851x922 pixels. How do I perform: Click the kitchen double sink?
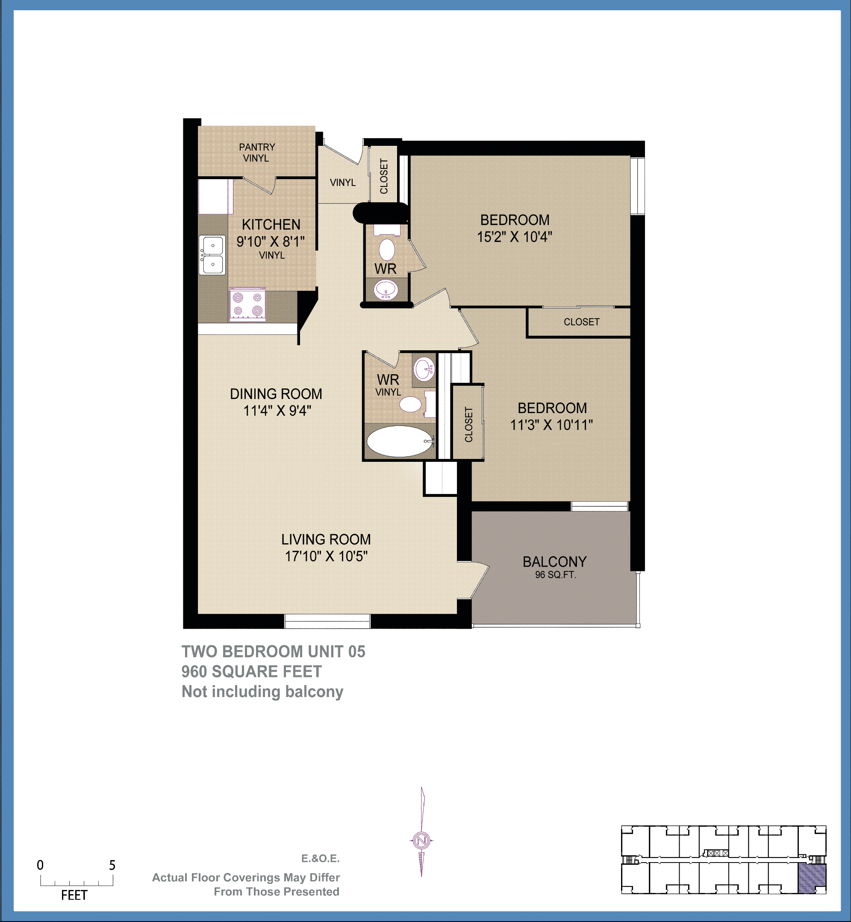212,255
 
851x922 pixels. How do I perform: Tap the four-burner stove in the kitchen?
248,304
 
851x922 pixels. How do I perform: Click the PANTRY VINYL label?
256,153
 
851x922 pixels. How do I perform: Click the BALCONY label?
554,561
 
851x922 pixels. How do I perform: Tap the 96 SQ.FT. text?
555,575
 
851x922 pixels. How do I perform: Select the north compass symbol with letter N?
421,840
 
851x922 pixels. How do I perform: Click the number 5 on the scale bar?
112,865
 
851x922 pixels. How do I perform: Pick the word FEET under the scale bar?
74,895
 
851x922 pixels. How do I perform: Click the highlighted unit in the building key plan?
812,879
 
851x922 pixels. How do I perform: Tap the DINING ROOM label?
276,394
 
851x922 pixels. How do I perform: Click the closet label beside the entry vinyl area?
383,176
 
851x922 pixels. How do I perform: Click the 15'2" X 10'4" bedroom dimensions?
514,237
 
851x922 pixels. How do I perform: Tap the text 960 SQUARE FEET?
251,672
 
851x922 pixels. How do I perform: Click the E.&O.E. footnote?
320,858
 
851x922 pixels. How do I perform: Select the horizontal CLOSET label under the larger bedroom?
581,322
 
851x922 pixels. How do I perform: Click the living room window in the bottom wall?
327,621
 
